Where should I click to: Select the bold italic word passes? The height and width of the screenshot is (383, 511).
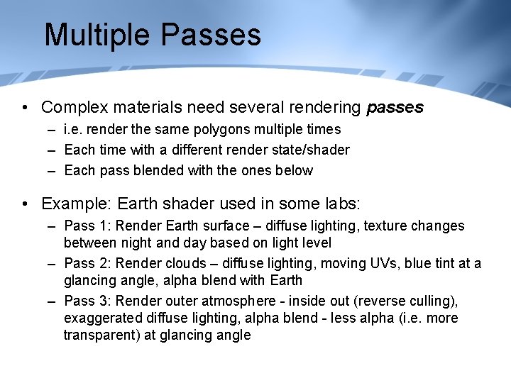pyautogui.click(x=395, y=108)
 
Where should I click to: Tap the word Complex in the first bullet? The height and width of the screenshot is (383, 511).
pyautogui.click(x=72, y=108)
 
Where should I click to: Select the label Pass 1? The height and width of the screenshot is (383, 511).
pyautogui.click(x=87, y=226)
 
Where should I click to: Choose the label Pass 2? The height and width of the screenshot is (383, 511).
pyautogui.click(x=87, y=264)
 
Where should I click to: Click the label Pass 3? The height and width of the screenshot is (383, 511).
pyautogui.click(x=87, y=301)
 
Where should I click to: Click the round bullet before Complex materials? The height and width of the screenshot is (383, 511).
pyautogui.click(x=26, y=109)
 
